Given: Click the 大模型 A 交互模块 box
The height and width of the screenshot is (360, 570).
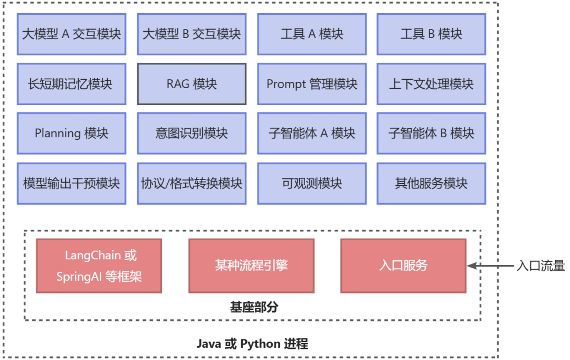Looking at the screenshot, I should (71, 34).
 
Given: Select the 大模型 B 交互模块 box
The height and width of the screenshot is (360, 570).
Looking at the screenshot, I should (192, 34).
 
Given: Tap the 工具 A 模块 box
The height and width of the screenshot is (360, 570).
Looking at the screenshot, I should (312, 34).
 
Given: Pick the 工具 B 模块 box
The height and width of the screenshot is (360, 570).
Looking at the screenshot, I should (431, 34).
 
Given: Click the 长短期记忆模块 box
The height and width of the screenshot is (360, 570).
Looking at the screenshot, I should (71, 84).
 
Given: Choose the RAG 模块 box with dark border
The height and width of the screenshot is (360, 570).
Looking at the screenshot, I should (192, 84).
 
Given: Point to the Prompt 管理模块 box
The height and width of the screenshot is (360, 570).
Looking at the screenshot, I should (312, 84).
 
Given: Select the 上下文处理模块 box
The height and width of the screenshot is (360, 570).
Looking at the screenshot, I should (431, 84).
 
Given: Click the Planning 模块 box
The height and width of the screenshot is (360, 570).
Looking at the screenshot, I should (71, 133).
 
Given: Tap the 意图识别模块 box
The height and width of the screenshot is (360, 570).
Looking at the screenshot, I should (192, 133).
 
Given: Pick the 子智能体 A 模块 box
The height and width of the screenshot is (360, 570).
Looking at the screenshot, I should (312, 133).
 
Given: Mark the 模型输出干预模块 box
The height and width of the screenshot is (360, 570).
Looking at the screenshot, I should (71, 183).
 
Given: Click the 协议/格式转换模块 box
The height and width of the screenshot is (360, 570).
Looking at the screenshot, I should (192, 183).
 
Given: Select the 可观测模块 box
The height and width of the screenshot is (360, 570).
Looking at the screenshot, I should (312, 183).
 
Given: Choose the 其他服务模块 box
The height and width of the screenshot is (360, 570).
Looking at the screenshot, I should (431, 183).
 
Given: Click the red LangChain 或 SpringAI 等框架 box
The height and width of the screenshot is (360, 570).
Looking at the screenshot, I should (99, 266).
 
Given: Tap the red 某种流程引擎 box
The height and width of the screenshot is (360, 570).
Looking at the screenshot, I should (251, 266).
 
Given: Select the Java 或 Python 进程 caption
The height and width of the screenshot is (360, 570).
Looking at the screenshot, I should (252, 344).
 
